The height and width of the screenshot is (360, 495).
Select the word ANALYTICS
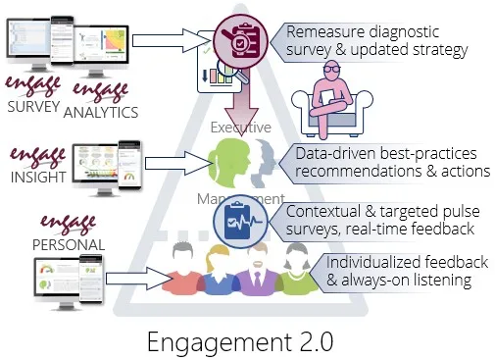tap(100, 112)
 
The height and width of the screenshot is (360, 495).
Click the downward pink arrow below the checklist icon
tap(238, 99)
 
